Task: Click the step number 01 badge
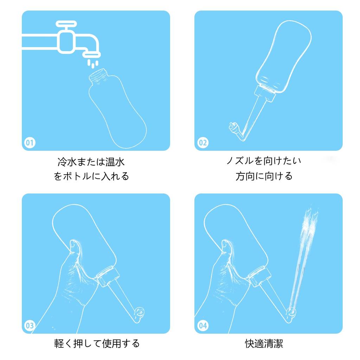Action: coord(30,143)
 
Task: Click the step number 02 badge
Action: coord(203,143)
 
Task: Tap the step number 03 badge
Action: coord(30,326)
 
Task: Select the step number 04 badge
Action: coord(203,326)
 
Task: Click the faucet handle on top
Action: coord(67,25)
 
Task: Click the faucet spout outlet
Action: coord(92,54)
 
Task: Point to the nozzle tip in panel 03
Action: coord(140,311)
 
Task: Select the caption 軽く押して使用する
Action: coord(97,343)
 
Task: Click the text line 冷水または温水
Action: coord(91,162)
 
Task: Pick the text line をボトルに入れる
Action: coord(91,176)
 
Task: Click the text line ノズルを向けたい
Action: coord(264,161)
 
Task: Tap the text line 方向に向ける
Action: coord(264,176)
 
